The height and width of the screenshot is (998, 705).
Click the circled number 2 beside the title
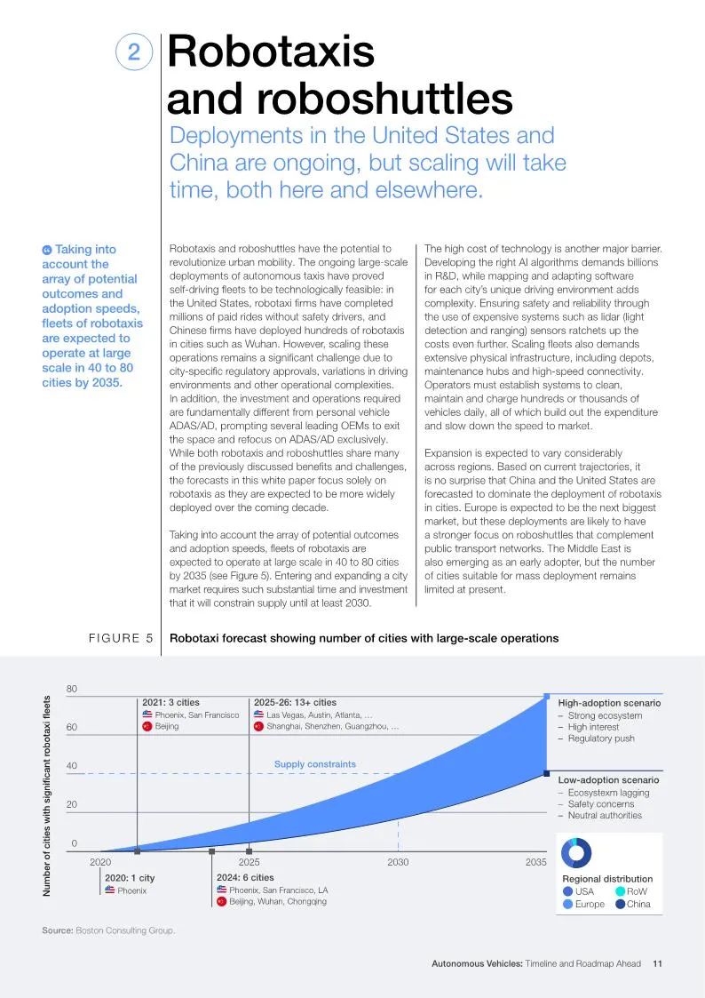coord(133,52)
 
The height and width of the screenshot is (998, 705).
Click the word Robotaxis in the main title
coord(271,51)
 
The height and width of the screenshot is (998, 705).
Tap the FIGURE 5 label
coord(121,638)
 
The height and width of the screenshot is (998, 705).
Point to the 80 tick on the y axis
coord(71,689)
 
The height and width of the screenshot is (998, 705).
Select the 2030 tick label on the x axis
coord(398,862)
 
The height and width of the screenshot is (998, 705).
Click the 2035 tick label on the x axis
coord(536,862)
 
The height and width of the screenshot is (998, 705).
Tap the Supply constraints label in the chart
coord(314,763)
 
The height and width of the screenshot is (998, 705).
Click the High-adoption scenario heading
coord(609,703)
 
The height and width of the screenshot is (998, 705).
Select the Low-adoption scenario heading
coord(608,779)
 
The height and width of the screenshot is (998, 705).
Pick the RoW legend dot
coord(621,891)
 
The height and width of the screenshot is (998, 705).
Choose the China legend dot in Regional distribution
coord(621,904)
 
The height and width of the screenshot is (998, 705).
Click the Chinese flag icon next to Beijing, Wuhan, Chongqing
coord(221,901)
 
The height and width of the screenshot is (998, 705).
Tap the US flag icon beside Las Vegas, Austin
coord(258,715)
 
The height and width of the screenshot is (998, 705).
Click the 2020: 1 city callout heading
coord(130,878)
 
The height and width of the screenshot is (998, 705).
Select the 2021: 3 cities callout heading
coord(170,703)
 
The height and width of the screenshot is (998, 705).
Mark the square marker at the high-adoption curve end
coord(547,697)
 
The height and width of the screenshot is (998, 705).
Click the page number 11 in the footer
coord(657,963)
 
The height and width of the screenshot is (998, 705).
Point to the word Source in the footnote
coord(57,930)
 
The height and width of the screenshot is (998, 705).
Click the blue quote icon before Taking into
coord(46,250)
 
